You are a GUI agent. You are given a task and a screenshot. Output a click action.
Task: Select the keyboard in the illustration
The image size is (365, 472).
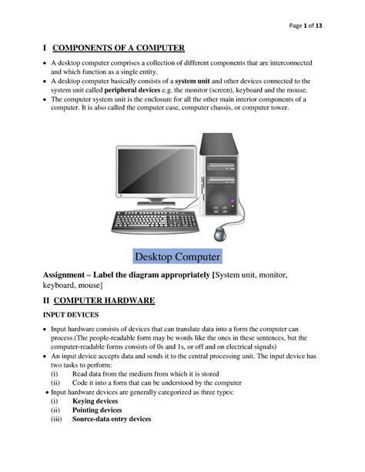tap(154, 221)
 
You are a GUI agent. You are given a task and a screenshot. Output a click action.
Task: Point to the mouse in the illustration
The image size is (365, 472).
tap(221, 233)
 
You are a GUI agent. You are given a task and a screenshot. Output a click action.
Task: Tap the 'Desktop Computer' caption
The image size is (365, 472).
tap(178, 256)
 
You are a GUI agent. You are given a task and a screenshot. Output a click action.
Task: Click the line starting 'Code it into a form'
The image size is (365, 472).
tap(157, 383)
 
